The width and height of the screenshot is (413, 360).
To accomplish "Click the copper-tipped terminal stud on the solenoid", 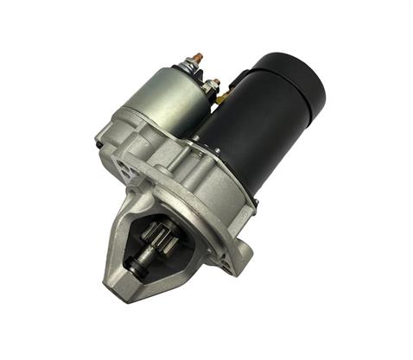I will coord(197,59).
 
